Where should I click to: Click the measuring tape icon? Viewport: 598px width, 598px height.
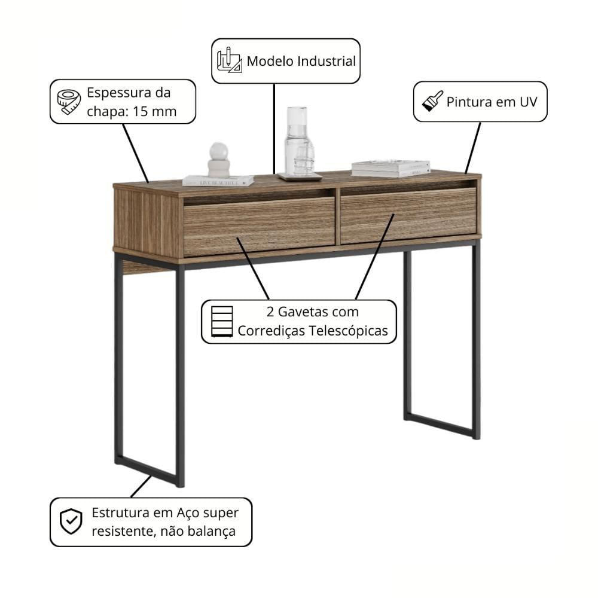pyautogui.click(x=69, y=102)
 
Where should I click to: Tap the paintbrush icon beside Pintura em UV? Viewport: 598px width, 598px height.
pyautogui.click(x=432, y=101)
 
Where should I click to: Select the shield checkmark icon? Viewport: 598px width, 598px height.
pyautogui.click(x=71, y=521)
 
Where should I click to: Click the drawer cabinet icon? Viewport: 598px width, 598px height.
pyautogui.click(x=222, y=322)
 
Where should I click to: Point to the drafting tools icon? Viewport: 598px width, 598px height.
pyautogui.click(x=229, y=60)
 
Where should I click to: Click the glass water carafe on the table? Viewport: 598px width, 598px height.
pyautogui.click(x=300, y=142)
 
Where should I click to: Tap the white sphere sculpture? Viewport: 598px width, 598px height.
pyautogui.click(x=218, y=160)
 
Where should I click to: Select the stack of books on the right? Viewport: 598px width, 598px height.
pyautogui.click(x=390, y=168)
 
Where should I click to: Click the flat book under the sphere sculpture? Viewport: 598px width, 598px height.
pyautogui.click(x=218, y=181)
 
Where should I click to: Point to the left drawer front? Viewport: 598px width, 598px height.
pyautogui.click(x=260, y=227)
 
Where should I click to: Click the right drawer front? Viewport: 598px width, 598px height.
pyautogui.click(x=408, y=215)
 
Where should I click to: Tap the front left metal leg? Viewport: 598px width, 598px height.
pyautogui.click(x=180, y=376)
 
